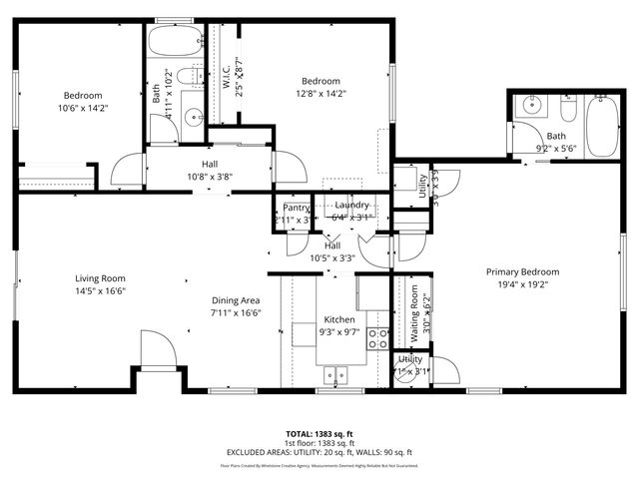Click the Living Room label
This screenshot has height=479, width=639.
[99, 278]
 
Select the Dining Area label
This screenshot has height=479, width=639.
[236, 299]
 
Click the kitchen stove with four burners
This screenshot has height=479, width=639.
[377, 338]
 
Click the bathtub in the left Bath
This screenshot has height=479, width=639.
[174, 43]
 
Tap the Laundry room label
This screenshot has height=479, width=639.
[352, 205]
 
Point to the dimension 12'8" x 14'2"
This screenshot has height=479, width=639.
[321, 94]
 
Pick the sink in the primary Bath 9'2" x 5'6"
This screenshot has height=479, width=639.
[530, 104]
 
